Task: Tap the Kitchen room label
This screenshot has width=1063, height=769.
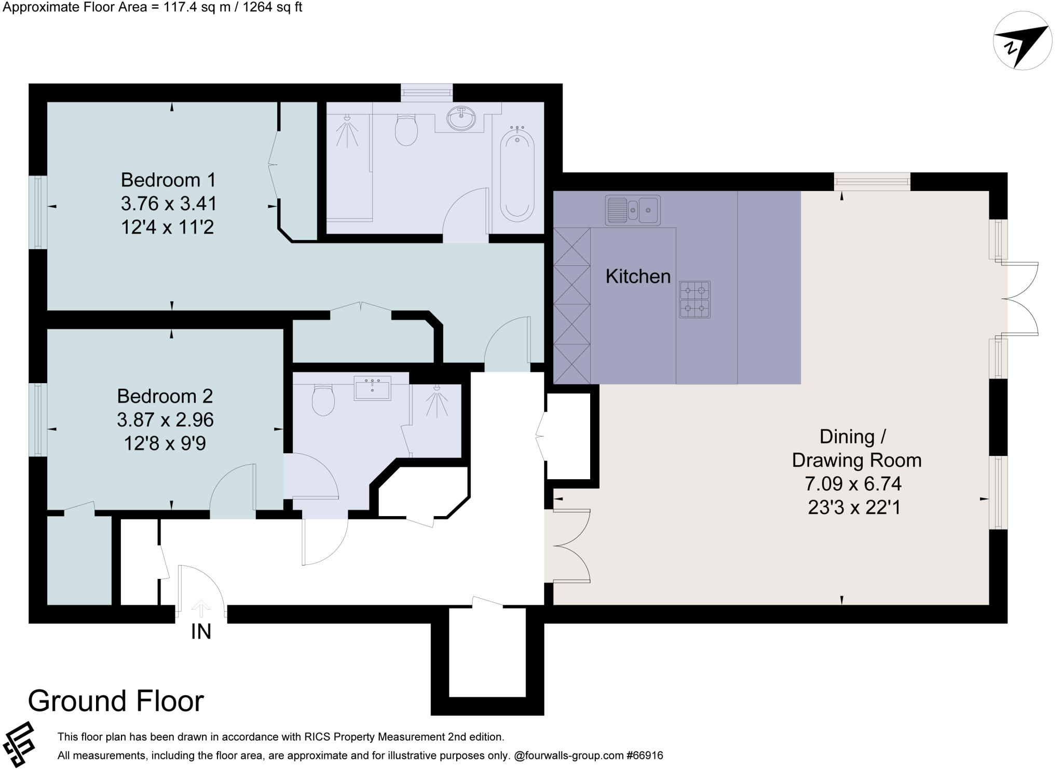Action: coord(638,276)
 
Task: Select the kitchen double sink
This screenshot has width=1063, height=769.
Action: coord(633,210)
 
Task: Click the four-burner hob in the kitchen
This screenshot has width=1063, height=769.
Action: coord(694,300)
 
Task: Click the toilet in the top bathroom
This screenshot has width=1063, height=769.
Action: coord(406,130)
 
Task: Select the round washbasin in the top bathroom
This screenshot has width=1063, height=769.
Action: coord(461,118)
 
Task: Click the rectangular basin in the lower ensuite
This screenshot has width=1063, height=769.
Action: coord(372,388)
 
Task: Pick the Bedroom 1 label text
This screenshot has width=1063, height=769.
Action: coord(168,180)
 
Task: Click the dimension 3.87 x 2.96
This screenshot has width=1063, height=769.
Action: coord(165,420)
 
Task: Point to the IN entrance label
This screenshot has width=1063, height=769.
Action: coord(201,632)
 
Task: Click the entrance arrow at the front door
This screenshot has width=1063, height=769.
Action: coord(201,608)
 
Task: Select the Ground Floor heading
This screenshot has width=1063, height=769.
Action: coord(116,701)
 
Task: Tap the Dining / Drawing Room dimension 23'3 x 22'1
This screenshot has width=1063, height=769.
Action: coord(854,507)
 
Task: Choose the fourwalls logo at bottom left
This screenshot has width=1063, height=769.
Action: coord(19,744)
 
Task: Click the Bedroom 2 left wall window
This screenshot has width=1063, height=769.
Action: coord(38,420)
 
